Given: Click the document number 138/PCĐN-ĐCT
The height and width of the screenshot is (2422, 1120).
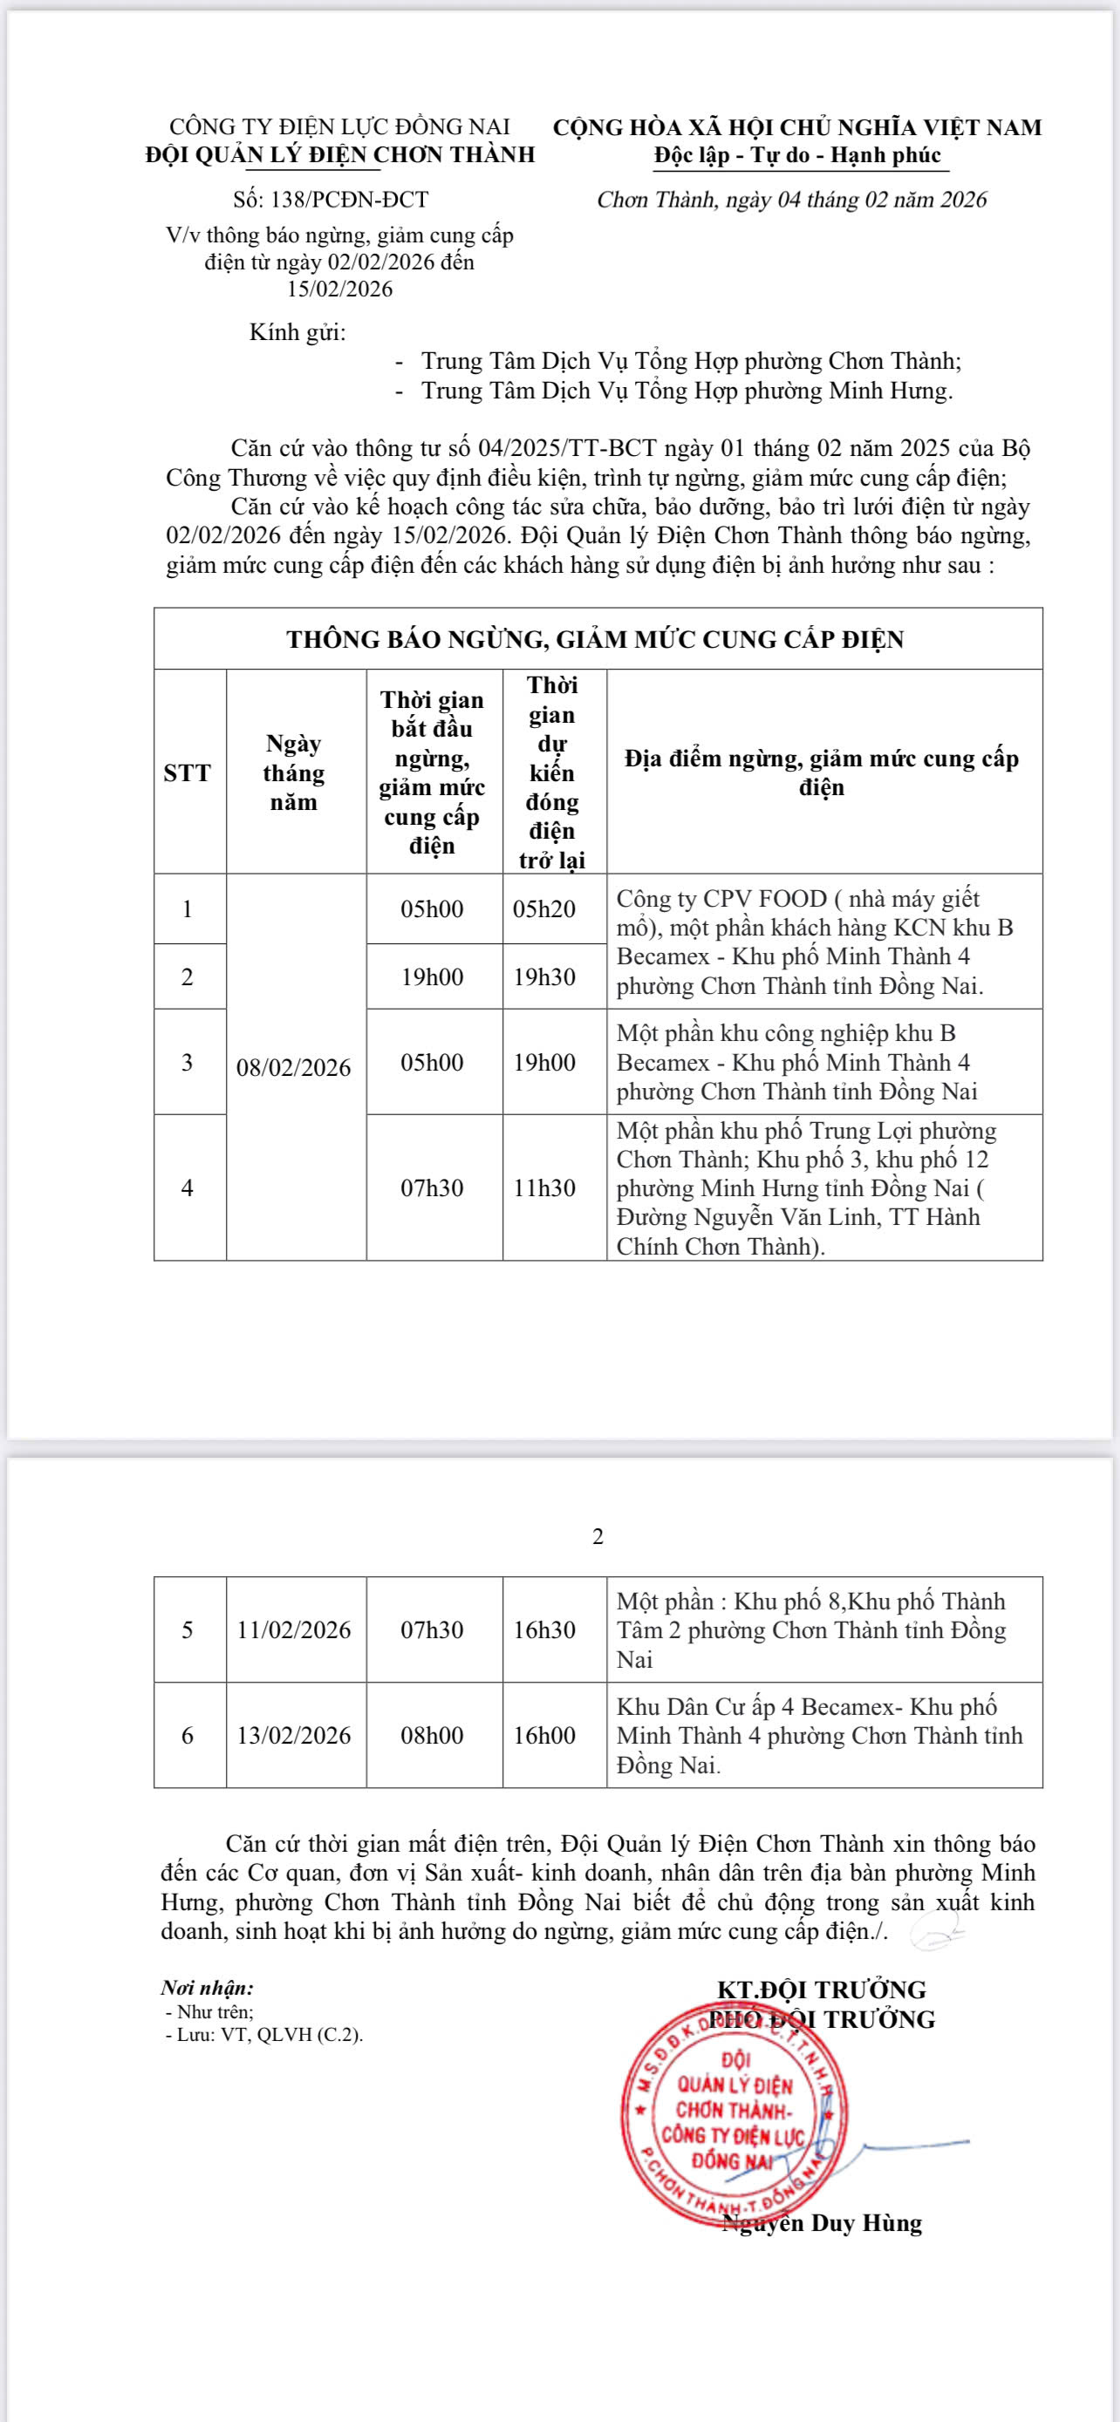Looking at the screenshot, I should (x=330, y=200).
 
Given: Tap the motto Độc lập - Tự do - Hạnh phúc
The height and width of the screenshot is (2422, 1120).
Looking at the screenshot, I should (x=797, y=155).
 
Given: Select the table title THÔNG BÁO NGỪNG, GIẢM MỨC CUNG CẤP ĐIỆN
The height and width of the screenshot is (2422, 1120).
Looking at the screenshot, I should (x=595, y=639).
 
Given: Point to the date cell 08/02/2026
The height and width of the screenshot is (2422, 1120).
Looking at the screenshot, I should (x=294, y=1068).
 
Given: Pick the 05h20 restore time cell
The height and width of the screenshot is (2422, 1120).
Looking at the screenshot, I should (x=543, y=908).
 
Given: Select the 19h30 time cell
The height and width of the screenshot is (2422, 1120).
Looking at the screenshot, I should (x=543, y=976).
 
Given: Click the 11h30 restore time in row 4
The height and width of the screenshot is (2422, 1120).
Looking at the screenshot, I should (x=543, y=1187).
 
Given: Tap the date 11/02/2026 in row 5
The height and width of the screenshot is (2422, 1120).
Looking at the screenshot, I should (x=294, y=1629).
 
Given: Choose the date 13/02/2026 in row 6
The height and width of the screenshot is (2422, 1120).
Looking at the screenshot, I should (x=294, y=1736).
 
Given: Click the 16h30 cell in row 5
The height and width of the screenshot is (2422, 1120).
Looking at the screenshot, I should (x=543, y=1629).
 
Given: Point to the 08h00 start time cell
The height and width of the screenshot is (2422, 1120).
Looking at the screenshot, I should (x=433, y=1736).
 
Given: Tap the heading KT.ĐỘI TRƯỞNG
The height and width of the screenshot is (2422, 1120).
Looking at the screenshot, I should (x=821, y=1990).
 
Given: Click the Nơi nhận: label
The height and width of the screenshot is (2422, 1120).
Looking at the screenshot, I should (x=207, y=1989).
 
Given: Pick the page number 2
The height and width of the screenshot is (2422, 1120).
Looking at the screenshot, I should (x=598, y=1537).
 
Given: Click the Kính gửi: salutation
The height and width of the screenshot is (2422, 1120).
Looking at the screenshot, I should (x=297, y=332).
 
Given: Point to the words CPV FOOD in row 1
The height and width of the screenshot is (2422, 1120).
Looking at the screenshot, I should (x=764, y=899).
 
